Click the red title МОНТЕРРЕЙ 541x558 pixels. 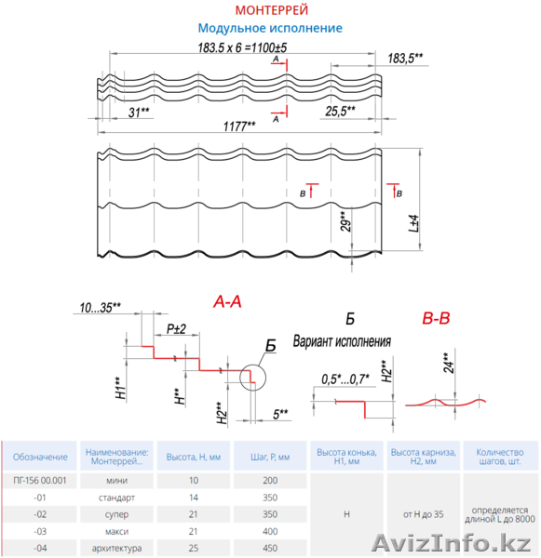[272, 10]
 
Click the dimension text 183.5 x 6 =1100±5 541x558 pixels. [242, 47]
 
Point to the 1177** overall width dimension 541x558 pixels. [239, 126]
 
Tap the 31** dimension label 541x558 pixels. [139, 113]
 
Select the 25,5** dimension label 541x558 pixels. [341, 111]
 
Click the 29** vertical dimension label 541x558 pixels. [345, 221]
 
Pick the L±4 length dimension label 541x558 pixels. [413, 223]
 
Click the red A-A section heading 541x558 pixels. [227, 301]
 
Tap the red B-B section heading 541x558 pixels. [436, 318]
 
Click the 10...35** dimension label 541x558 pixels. [101, 308]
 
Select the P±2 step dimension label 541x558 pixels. [176, 329]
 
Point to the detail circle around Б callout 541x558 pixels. [252, 365]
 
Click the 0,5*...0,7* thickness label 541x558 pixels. [345, 379]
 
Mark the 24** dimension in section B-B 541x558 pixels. [449, 363]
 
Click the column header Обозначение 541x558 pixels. [40, 457]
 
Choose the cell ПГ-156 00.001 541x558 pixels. [40, 481]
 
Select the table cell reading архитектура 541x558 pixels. [117, 549]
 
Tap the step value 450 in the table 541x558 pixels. [270, 549]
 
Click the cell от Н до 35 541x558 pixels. [424, 514]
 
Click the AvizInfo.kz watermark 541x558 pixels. [452, 543]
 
